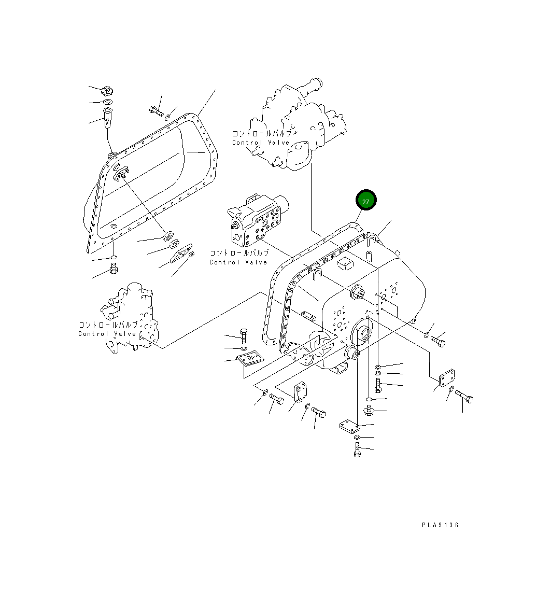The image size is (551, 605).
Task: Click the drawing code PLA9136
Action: coord(440,525)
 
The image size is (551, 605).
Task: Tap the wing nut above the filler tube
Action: coord(107,91)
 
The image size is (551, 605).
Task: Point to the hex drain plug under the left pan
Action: coord(114,269)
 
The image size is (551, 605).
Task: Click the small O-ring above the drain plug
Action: coord(114,258)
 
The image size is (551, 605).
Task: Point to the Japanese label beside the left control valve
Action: coord(108,325)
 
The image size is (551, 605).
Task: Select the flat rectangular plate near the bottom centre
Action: coord(349,426)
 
